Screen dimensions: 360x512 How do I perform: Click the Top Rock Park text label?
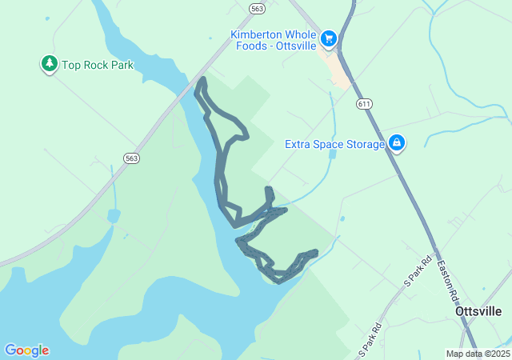click(x=98, y=65)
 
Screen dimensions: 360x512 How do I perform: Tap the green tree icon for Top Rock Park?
click(x=50, y=64)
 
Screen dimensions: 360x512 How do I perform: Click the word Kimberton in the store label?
click(x=257, y=34)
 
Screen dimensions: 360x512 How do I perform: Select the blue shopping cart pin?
click(x=328, y=38)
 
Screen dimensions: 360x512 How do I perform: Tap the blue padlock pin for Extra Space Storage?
click(x=396, y=143)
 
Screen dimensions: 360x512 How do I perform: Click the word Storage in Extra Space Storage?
click(x=364, y=145)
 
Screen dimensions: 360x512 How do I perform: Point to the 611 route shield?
click(x=365, y=104)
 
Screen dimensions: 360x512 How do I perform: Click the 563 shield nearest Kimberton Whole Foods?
click(x=256, y=8)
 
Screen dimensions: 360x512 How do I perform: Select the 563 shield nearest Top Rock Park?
click(x=132, y=158)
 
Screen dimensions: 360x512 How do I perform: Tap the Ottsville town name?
click(x=478, y=312)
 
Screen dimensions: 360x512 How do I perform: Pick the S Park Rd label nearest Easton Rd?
click(x=418, y=271)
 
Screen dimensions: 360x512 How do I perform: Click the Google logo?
click(x=26, y=350)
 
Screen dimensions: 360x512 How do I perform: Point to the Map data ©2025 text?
click(x=478, y=354)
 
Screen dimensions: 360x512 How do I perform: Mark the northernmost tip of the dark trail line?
click(x=202, y=79)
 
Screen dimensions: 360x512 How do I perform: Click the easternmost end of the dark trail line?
click(x=316, y=252)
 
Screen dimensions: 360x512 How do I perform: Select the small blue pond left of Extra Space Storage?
click(x=332, y=154)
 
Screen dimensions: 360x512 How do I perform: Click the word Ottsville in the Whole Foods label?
click(x=297, y=46)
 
